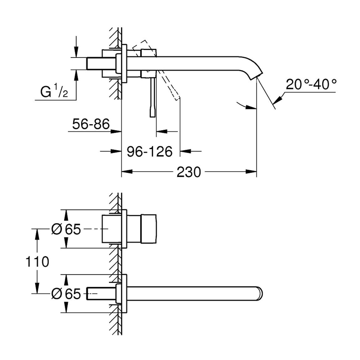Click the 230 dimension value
click(x=189, y=172)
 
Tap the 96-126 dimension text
click(x=150, y=152)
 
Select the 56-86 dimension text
click(x=91, y=124)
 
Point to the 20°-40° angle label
click(x=311, y=84)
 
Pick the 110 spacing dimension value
click(x=37, y=261)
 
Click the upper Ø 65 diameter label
click(x=66, y=229)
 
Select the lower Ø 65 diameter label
click(x=66, y=294)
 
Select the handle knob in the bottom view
click(x=149, y=229)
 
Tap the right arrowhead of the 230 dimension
click(x=251, y=172)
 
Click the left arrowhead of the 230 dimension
click(x=127, y=172)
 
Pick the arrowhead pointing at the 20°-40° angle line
click(x=278, y=100)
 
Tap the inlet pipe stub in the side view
click(x=101, y=63)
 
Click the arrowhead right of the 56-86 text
click(x=116, y=131)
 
